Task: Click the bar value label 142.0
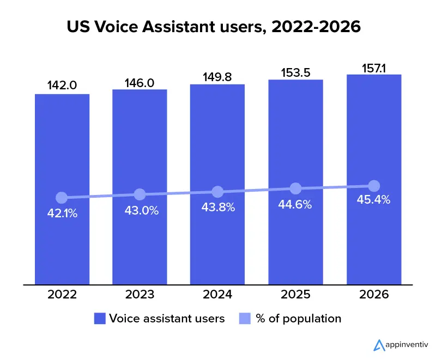pos(62,86)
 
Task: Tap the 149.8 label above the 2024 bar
pos(217,77)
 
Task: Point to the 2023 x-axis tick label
pos(140,295)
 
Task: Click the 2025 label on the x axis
pos(295,295)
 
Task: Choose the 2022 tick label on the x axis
pos(62,295)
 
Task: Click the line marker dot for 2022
pos(62,197)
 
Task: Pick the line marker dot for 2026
pos(374,186)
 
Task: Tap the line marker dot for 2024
pos(217,192)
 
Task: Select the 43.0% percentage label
pos(140,211)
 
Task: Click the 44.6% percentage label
pos(295,205)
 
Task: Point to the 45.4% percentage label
pos(374,200)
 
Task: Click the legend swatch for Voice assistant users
pos(99,319)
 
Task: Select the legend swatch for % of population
pos(244,319)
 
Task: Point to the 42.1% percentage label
pos(62,213)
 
